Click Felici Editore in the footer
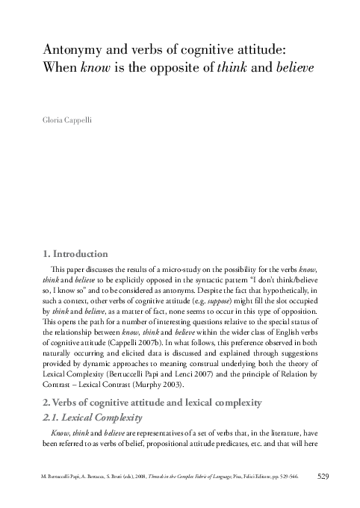tap(249, 476)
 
